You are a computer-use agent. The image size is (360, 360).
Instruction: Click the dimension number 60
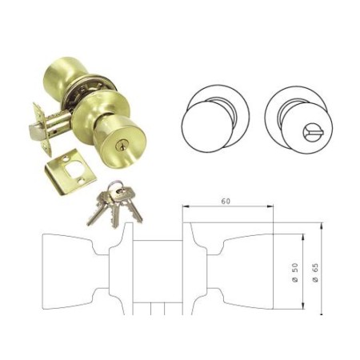tap(228, 202)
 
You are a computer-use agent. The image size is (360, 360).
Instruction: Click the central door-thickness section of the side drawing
tap(159, 272)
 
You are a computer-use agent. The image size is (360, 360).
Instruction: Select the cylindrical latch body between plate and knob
tap(54, 126)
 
